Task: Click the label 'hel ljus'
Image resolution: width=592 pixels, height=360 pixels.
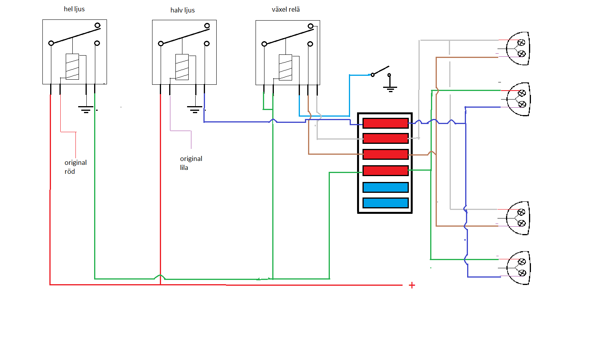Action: pyautogui.click(x=74, y=9)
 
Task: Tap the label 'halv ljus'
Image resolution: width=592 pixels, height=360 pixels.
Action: pyautogui.click(x=182, y=10)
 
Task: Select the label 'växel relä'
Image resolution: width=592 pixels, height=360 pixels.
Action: pyautogui.click(x=285, y=9)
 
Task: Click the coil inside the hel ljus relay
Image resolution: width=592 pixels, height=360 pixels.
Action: pyautogui.click(x=72, y=66)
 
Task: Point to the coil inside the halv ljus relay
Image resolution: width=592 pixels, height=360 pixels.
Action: pyautogui.click(x=182, y=67)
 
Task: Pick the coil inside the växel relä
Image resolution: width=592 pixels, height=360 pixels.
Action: pyautogui.click(x=285, y=67)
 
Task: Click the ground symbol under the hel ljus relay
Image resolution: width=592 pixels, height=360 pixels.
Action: pyautogui.click(x=86, y=109)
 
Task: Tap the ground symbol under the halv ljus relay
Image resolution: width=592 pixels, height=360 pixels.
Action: pyautogui.click(x=194, y=109)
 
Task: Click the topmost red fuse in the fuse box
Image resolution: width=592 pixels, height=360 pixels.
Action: pyautogui.click(x=385, y=123)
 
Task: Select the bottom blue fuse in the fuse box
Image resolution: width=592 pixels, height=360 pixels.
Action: pyautogui.click(x=385, y=203)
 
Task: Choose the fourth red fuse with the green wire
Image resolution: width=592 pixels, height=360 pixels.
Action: pyautogui.click(x=385, y=170)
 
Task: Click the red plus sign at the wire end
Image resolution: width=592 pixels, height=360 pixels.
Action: pyautogui.click(x=412, y=285)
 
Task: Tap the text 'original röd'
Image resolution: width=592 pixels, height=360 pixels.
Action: pyautogui.click(x=75, y=167)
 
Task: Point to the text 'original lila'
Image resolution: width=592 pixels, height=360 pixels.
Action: pyautogui.click(x=191, y=163)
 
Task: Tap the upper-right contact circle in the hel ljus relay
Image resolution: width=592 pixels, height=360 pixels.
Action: pyautogui.click(x=98, y=25)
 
